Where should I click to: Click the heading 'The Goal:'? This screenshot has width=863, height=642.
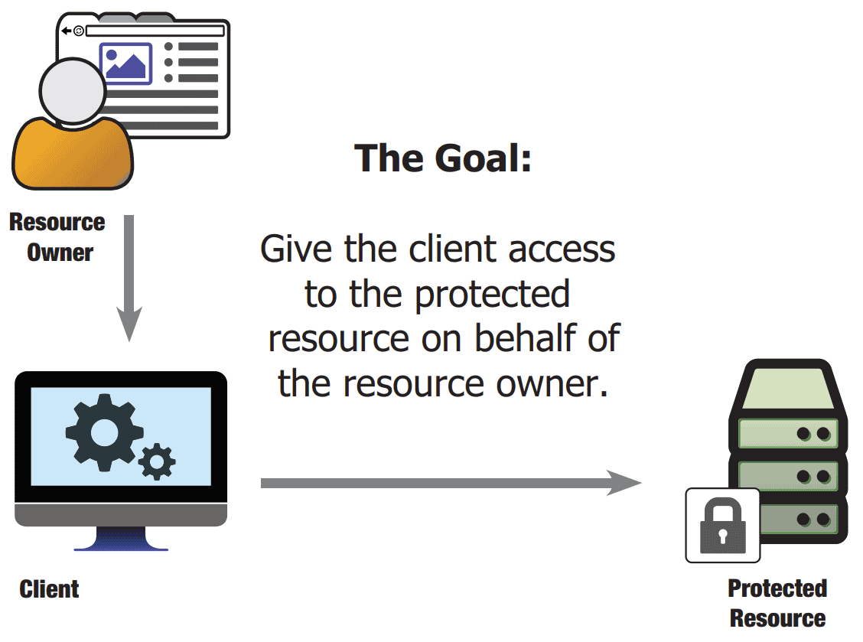coord(443,158)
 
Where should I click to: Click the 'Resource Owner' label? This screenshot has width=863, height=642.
coord(57,237)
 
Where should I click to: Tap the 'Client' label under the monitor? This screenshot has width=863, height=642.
coord(50,589)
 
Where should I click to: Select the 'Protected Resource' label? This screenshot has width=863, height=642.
coord(777,603)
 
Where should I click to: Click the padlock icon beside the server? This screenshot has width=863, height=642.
coord(722,525)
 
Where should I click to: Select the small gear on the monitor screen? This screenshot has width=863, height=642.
coord(158,461)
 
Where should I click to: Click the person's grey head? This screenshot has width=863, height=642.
coord(73,90)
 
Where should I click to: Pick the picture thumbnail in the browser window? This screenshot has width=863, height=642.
coord(125,64)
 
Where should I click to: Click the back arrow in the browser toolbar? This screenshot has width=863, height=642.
coord(67,31)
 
